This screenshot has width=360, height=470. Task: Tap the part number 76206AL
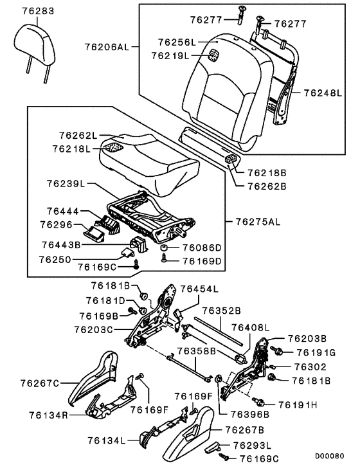(x=107, y=47)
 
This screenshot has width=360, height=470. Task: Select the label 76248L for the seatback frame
(x=324, y=93)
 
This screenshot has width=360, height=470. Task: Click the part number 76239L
(x=66, y=184)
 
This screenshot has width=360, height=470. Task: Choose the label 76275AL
(x=257, y=222)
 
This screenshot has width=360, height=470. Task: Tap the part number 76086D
(x=201, y=248)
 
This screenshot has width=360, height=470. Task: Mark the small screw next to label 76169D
(x=166, y=260)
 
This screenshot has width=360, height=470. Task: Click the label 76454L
(x=199, y=290)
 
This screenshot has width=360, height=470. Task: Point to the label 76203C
(x=93, y=329)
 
